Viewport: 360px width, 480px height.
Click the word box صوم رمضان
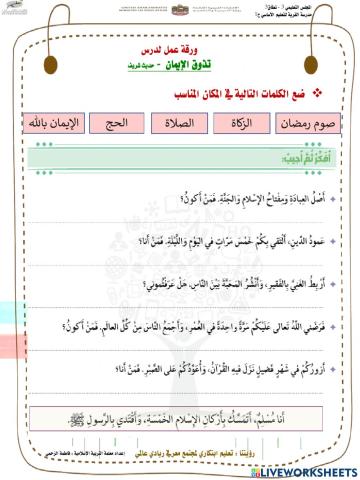coord(316,125)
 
